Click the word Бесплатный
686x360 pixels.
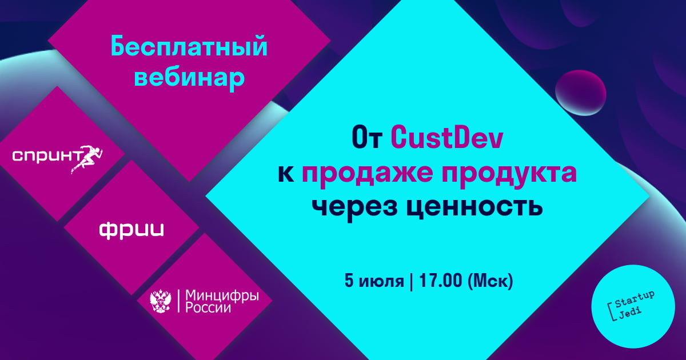(189, 47)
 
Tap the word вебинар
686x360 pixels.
(189, 78)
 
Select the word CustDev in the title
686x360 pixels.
(447, 138)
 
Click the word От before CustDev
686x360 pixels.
(366, 138)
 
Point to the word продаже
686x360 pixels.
(367, 174)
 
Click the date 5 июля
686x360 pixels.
(374, 281)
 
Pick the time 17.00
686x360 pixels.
(440, 280)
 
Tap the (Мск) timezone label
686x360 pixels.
(490, 281)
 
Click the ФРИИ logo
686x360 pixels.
(131, 230)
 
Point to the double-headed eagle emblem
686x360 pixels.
(161, 302)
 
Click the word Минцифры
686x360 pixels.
(222, 296)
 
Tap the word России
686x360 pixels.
(208, 307)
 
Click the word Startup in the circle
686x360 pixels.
(635, 299)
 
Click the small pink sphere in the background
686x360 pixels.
(581, 93)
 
